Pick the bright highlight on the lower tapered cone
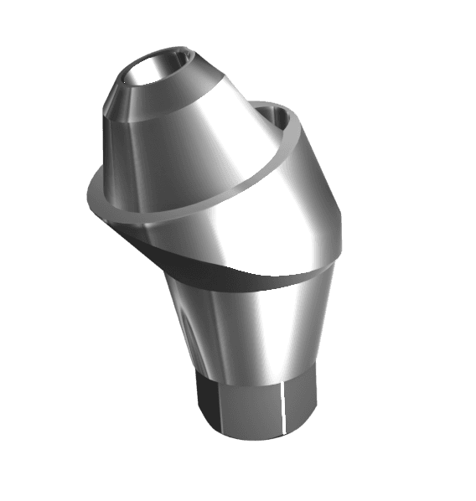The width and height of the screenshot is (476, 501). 251,327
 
